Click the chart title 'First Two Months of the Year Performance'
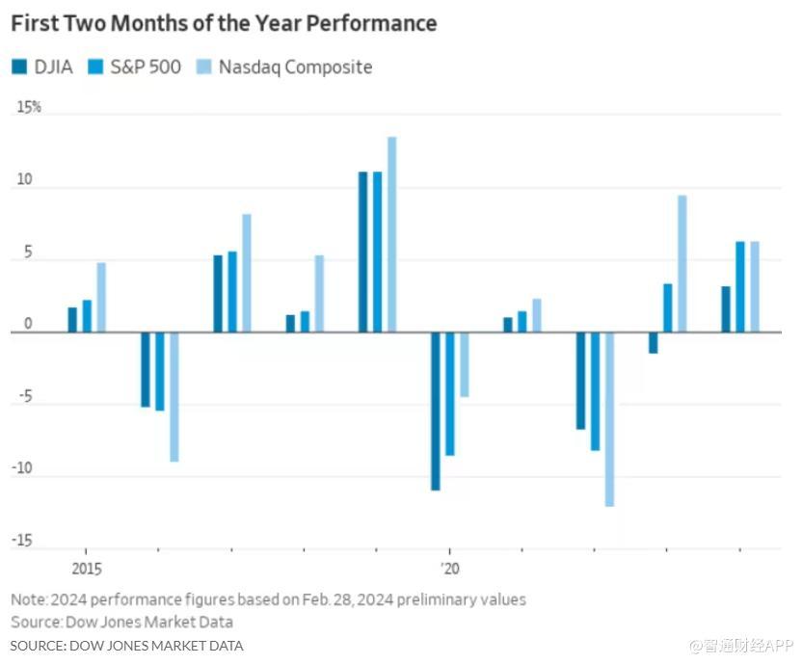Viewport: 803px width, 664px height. [x=224, y=23]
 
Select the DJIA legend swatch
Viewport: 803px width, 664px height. [x=19, y=67]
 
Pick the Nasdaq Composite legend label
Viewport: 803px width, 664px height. [x=295, y=67]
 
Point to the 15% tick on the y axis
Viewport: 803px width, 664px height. [x=29, y=107]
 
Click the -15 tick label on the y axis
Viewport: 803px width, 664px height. [x=23, y=542]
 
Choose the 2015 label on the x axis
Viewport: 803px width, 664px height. [x=87, y=568]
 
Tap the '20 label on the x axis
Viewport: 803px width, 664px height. [x=449, y=568]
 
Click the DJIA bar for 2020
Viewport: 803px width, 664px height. [x=436, y=411]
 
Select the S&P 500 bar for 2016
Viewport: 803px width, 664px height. [x=160, y=371]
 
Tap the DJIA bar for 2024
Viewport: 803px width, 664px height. [x=726, y=308]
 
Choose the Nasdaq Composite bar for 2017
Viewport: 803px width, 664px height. [x=247, y=273]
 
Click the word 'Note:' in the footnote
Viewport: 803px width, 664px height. [x=28, y=599]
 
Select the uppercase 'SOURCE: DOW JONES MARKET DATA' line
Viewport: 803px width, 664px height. [x=127, y=645]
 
